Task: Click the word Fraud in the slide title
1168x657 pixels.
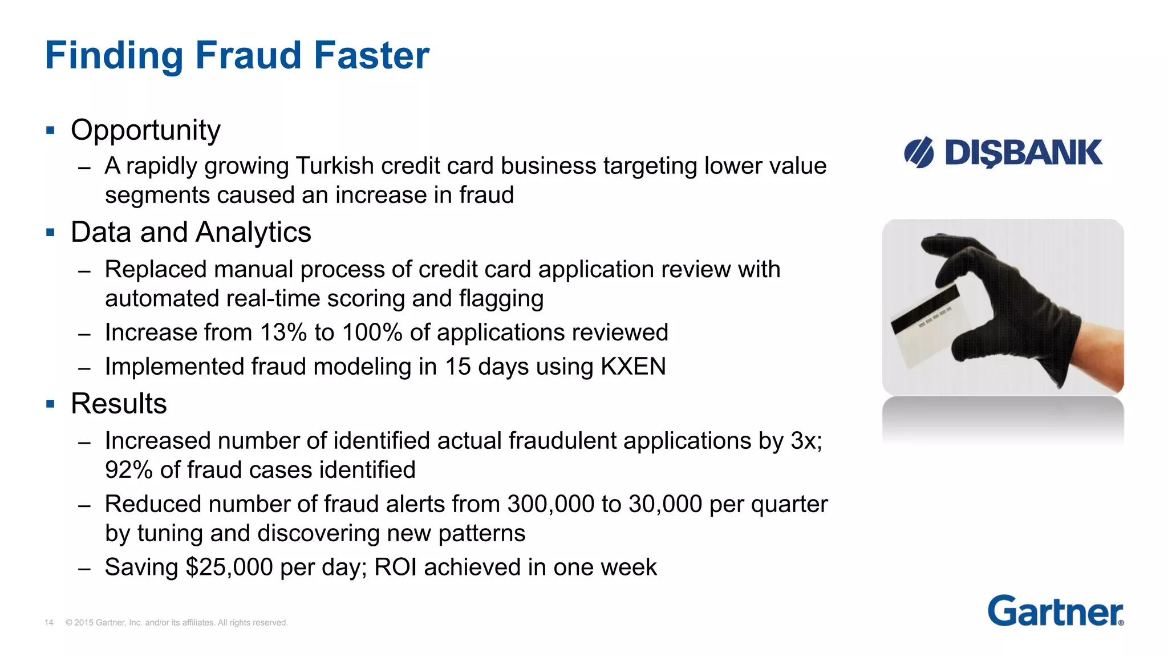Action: tap(248, 55)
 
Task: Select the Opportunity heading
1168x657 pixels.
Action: tap(145, 130)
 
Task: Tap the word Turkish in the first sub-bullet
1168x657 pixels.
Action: tap(335, 166)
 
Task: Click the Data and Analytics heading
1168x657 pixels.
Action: tap(191, 232)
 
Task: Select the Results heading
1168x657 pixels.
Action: tap(119, 404)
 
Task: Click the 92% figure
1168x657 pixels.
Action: tap(129, 470)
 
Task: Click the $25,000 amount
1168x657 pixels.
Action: tap(229, 567)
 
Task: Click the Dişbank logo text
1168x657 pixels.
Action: tap(1023, 153)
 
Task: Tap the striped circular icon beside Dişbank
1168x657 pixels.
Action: tap(919, 153)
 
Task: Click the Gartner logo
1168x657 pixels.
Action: tap(1055, 611)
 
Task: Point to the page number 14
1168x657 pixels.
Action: tap(49, 623)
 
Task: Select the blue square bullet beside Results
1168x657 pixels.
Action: tap(51, 404)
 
